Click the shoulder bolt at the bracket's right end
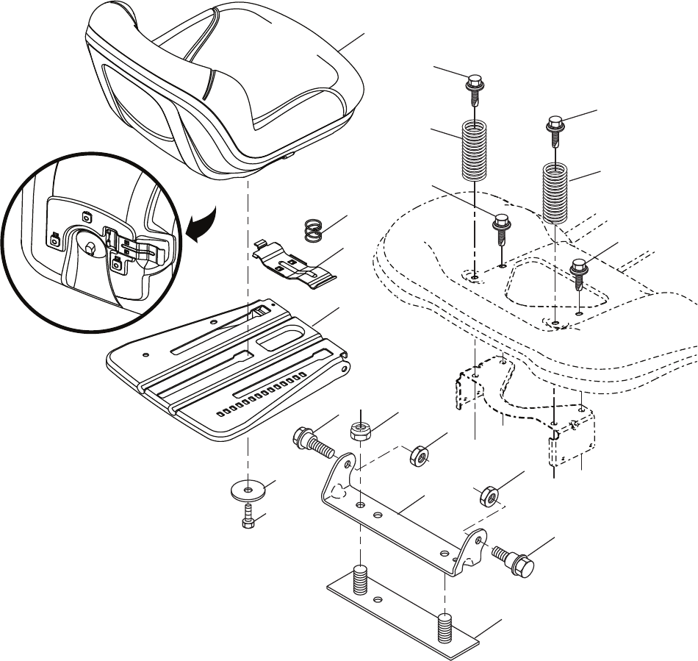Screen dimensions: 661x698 click(514, 559)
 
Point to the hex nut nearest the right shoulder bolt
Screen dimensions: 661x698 click(488, 497)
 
